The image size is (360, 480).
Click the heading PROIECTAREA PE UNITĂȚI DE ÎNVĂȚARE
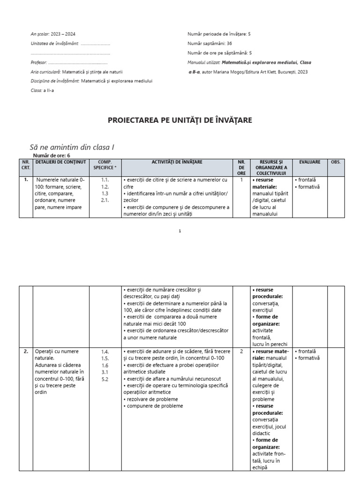180,120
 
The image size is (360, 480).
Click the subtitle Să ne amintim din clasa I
72,147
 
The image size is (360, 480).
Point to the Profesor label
38,62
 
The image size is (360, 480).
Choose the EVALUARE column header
309,162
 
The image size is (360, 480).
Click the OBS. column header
336,162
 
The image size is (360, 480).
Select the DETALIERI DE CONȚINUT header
61,162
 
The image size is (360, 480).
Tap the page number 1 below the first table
180,231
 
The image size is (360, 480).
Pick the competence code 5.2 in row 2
105,379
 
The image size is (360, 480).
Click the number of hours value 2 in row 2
241,351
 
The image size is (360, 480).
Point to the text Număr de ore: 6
53,155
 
